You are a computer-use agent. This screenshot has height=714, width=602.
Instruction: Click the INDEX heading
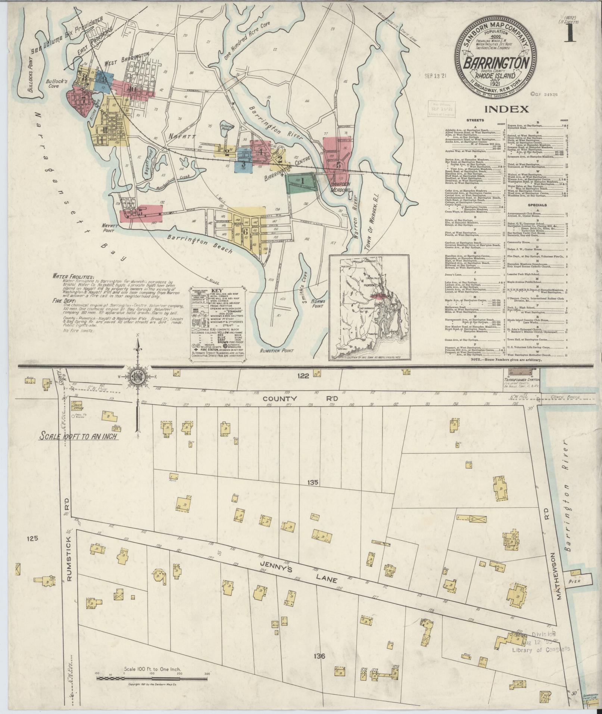click(506, 109)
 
